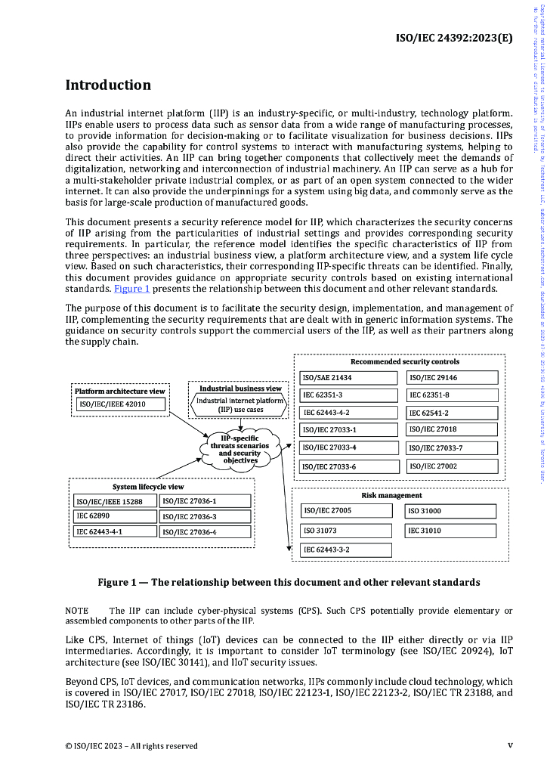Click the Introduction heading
click(108, 85)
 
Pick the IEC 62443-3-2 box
click(345, 550)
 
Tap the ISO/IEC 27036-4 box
click(205, 532)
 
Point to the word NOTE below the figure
click(77, 611)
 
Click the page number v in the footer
click(510, 745)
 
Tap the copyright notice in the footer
click(131, 746)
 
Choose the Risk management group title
click(392, 496)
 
